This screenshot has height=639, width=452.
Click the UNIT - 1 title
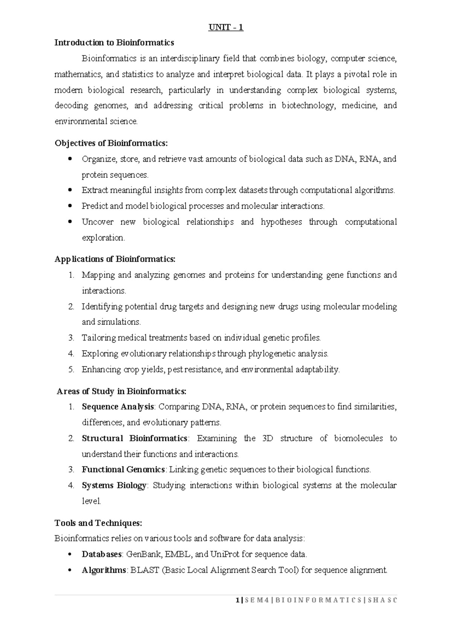(x=226, y=28)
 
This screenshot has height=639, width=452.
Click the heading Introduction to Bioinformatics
(x=114, y=43)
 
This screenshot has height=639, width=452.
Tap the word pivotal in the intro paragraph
(x=356, y=74)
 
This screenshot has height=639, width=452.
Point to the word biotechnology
(x=307, y=106)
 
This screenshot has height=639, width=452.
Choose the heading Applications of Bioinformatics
(x=115, y=259)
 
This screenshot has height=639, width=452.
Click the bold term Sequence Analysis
(x=118, y=407)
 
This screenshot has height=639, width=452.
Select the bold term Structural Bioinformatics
(x=134, y=439)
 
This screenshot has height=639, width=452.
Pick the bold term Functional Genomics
(x=123, y=470)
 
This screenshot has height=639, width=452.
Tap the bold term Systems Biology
(x=114, y=486)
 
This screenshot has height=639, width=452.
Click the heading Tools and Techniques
(x=98, y=523)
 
